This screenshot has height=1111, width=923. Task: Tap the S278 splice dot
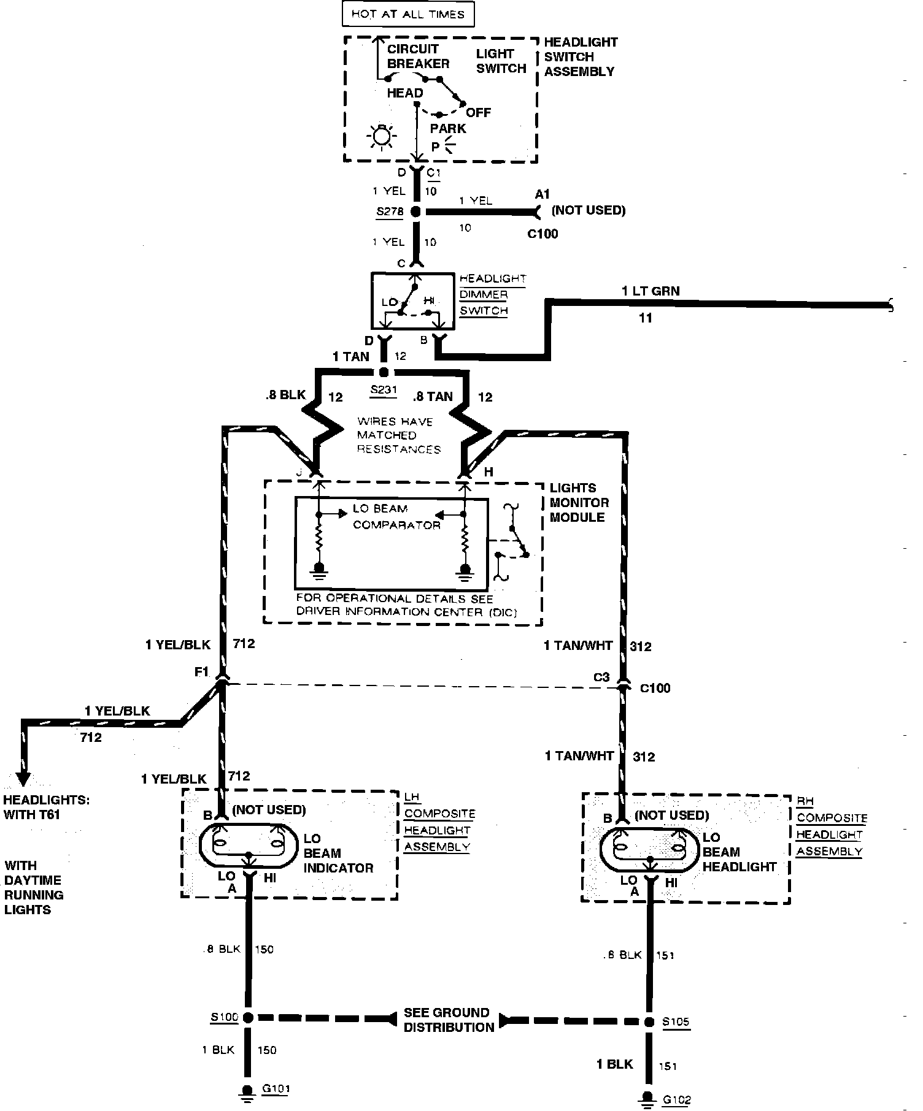(416, 212)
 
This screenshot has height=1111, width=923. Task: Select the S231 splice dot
(384, 372)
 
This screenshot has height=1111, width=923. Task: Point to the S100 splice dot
(248, 1018)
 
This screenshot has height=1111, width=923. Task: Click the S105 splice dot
(649, 1022)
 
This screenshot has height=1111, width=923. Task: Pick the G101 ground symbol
(247, 1093)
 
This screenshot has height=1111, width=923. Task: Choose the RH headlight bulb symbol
(649, 849)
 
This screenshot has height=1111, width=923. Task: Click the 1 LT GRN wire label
(651, 291)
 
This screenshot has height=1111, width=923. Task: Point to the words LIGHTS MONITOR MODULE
(579, 503)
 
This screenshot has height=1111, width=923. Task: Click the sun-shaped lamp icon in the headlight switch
(382, 136)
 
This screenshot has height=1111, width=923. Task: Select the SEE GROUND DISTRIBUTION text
(448, 1020)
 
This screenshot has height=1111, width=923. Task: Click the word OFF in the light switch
(478, 113)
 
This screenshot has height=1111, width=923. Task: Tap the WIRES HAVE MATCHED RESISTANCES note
(398, 435)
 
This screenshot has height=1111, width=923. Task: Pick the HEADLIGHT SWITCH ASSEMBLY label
(580, 57)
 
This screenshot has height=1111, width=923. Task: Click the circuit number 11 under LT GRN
(646, 318)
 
